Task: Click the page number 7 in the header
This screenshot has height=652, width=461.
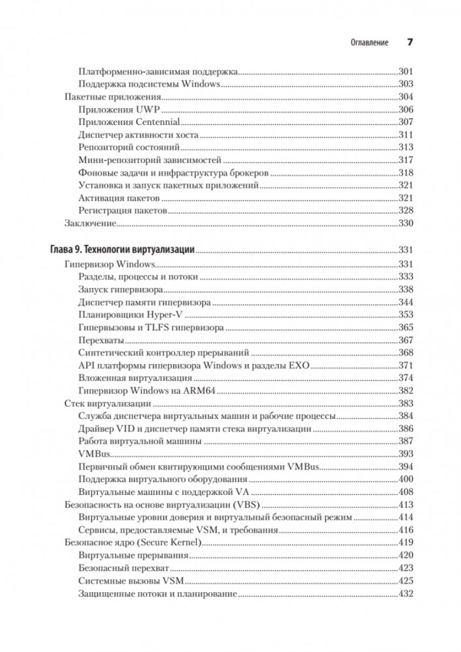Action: (x=410, y=42)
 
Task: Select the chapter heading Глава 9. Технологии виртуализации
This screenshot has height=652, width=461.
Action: (x=123, y=250)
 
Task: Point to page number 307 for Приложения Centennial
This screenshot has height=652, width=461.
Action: (x=406, y=122)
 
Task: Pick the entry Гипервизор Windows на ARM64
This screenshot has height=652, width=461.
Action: (x=147, y=390)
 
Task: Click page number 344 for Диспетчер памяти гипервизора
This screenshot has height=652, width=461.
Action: (x=406, y=302)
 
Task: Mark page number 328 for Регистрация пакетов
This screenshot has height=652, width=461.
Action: (x=406, y=210)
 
